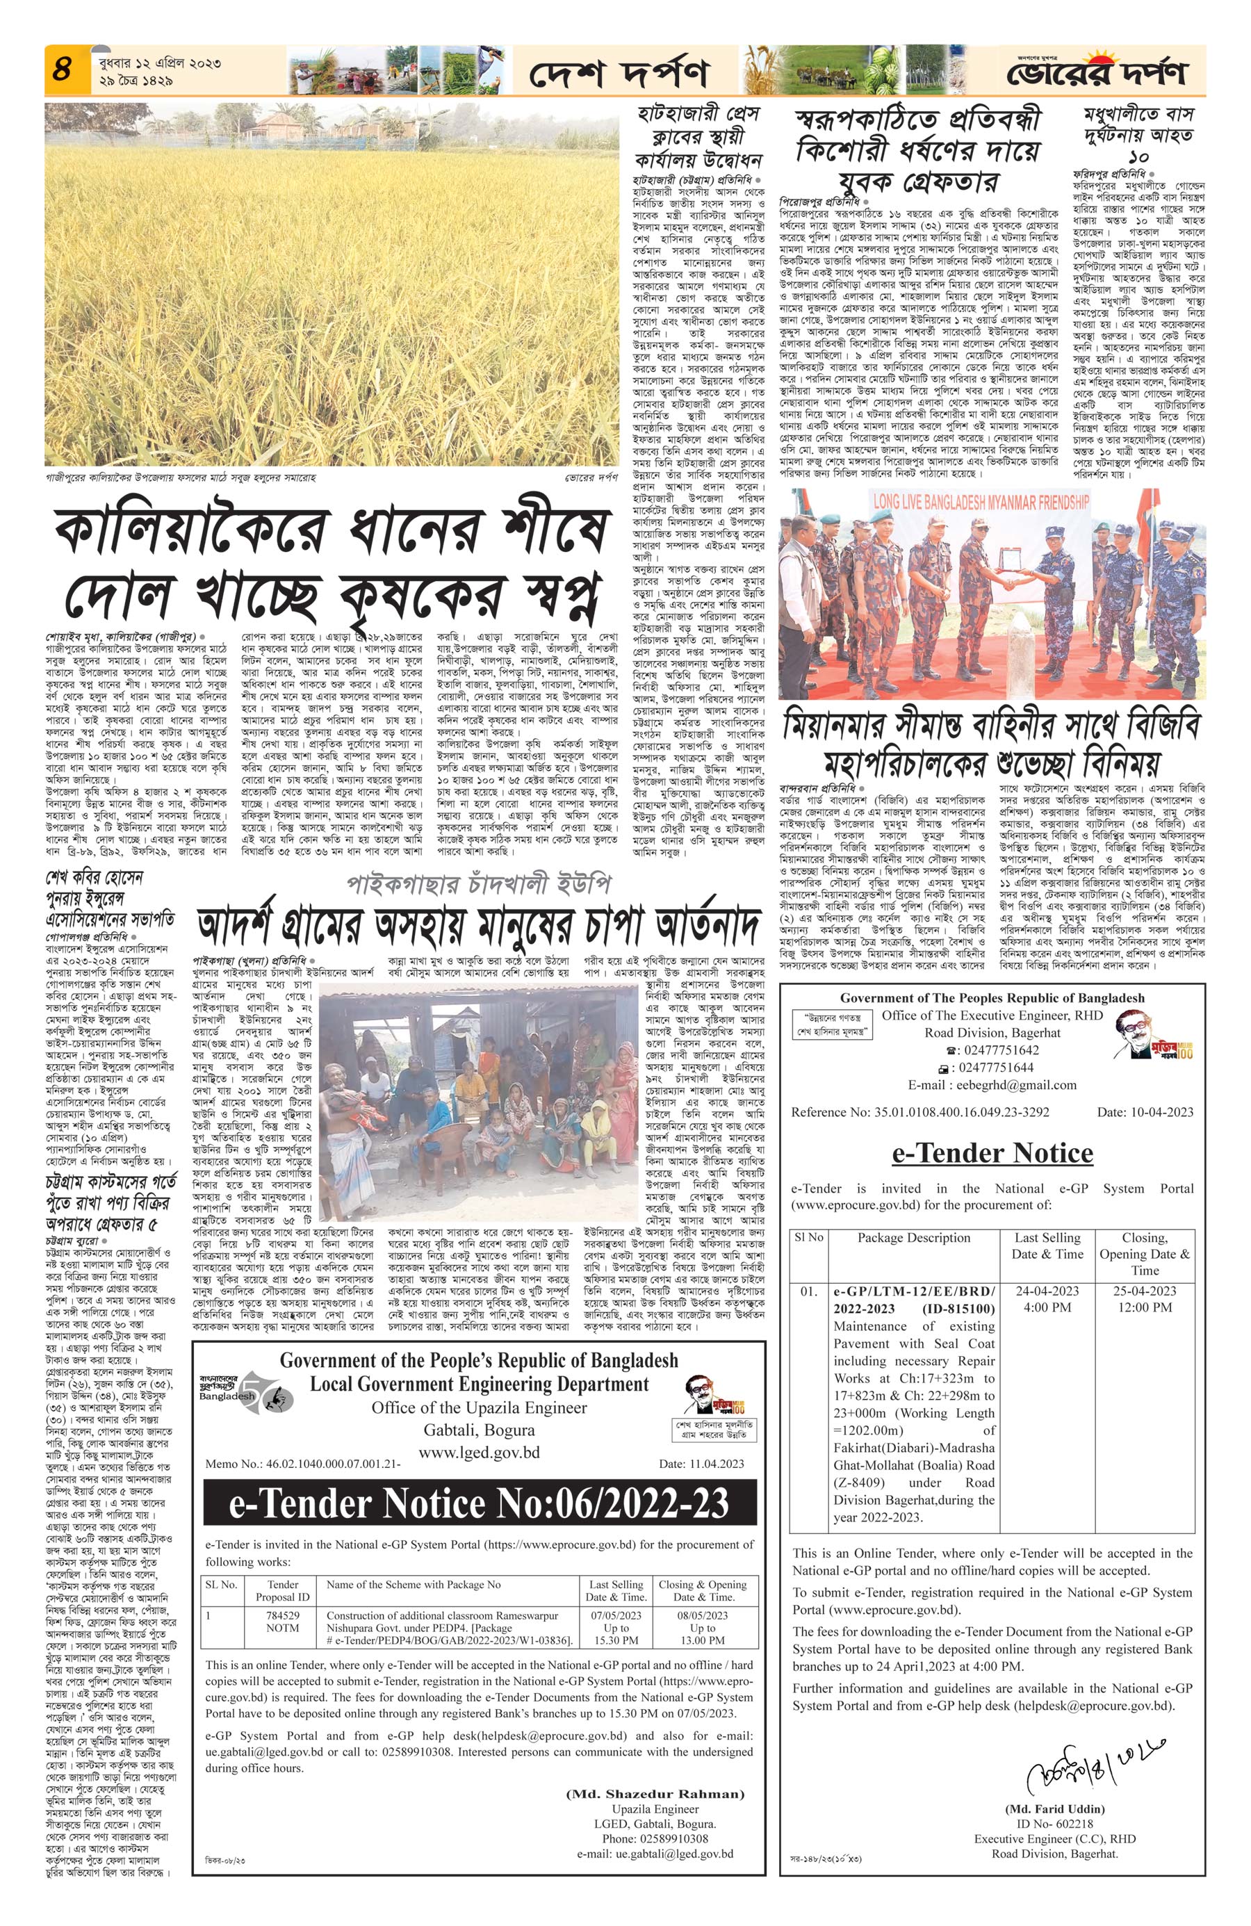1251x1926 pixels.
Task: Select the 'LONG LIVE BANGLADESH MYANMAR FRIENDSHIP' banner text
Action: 980,502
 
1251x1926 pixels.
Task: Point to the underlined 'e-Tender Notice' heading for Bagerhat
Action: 992,1152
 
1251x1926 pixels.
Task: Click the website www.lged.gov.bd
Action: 479,1452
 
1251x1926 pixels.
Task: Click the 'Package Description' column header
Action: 913,1237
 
